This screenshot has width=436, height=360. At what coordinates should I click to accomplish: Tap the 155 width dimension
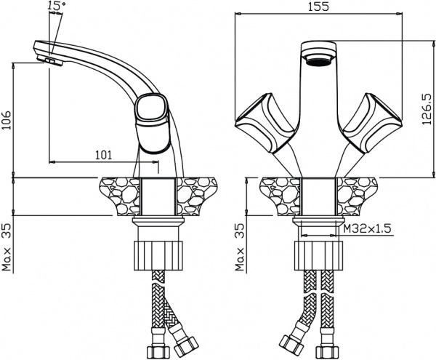pos(318,7)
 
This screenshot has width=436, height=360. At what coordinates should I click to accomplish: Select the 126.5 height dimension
pos(427,109)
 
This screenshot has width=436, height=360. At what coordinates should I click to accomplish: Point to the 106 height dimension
pos(7,120)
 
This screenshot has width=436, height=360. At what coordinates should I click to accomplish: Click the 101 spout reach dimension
pos(103,155)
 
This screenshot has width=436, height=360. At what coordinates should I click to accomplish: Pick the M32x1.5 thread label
pos(367,228)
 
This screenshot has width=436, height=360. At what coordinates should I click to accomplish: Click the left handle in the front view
pos(265,123)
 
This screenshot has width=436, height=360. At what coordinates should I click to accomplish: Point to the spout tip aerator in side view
pos(50,61)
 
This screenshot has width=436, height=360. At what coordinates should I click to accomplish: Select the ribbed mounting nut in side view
pos(158,256)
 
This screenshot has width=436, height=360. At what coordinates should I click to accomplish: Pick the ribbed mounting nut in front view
pos(318,256)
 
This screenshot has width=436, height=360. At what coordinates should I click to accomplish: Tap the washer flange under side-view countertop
pos(158,222)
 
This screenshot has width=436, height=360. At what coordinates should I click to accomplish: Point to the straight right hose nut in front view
pos(326,351)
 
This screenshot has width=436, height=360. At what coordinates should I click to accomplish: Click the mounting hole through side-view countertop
pos(158,196)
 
